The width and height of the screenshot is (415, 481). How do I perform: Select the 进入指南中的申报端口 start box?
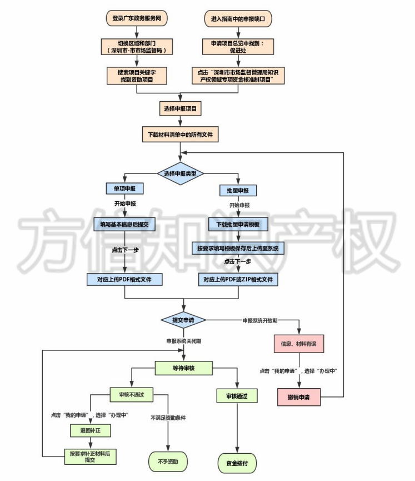pyautogui.click(x=237, y=18)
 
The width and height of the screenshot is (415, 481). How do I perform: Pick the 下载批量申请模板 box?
pyautogui.click(x=238, y=225)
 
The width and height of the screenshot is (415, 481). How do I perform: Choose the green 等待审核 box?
pyautogui.click(x=183, y=368)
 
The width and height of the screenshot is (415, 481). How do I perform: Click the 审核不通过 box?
pyautogui.click(x=128, y=394)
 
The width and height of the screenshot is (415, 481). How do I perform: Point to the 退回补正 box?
pyautogui.click(x=88, y=430)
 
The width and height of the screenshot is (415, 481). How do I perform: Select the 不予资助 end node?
pyautogui.click(x=167, y=462)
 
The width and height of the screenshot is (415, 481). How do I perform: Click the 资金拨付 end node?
pyautogui.click(x=237, y=462)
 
